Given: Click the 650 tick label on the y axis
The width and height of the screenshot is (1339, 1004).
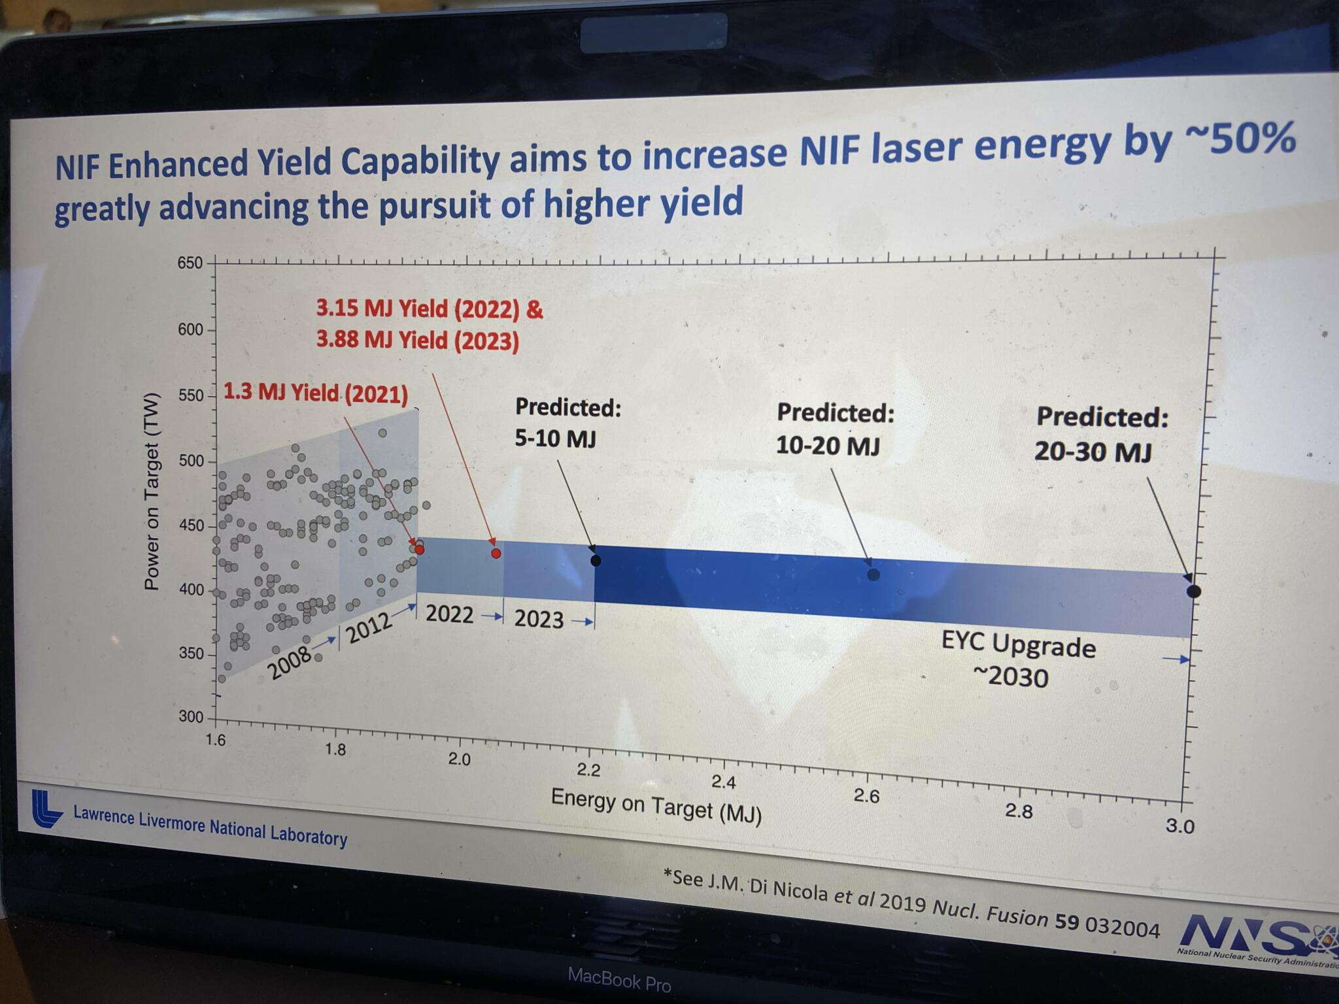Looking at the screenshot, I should [190, 263].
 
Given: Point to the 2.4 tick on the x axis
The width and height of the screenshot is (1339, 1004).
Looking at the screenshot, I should [724, 782].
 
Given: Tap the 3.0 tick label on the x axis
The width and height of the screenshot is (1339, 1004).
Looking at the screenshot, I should [1179, 826].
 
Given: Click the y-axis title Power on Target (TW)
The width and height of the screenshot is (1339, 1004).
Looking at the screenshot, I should [152, 491].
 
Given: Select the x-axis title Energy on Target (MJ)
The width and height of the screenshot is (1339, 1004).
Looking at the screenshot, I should [656, 805].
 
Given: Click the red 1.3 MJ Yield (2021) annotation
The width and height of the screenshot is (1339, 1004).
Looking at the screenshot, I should [315, 393].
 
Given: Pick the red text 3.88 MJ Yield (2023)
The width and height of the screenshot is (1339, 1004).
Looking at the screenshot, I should [417, 341].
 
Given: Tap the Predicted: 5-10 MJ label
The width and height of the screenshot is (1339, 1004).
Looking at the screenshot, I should [566, 422].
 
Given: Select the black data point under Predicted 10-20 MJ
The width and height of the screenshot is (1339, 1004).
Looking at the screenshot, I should [873, 575].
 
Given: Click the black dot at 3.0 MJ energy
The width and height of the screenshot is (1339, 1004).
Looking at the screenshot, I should [1193, 592].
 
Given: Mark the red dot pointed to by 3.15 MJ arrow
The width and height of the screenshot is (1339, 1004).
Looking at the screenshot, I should [496, 553].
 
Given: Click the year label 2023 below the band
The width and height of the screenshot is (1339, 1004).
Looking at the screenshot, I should [538, 619].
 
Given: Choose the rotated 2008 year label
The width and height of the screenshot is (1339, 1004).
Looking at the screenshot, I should [290, 663].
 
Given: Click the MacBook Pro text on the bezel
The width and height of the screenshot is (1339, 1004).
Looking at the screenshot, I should [619, 979].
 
